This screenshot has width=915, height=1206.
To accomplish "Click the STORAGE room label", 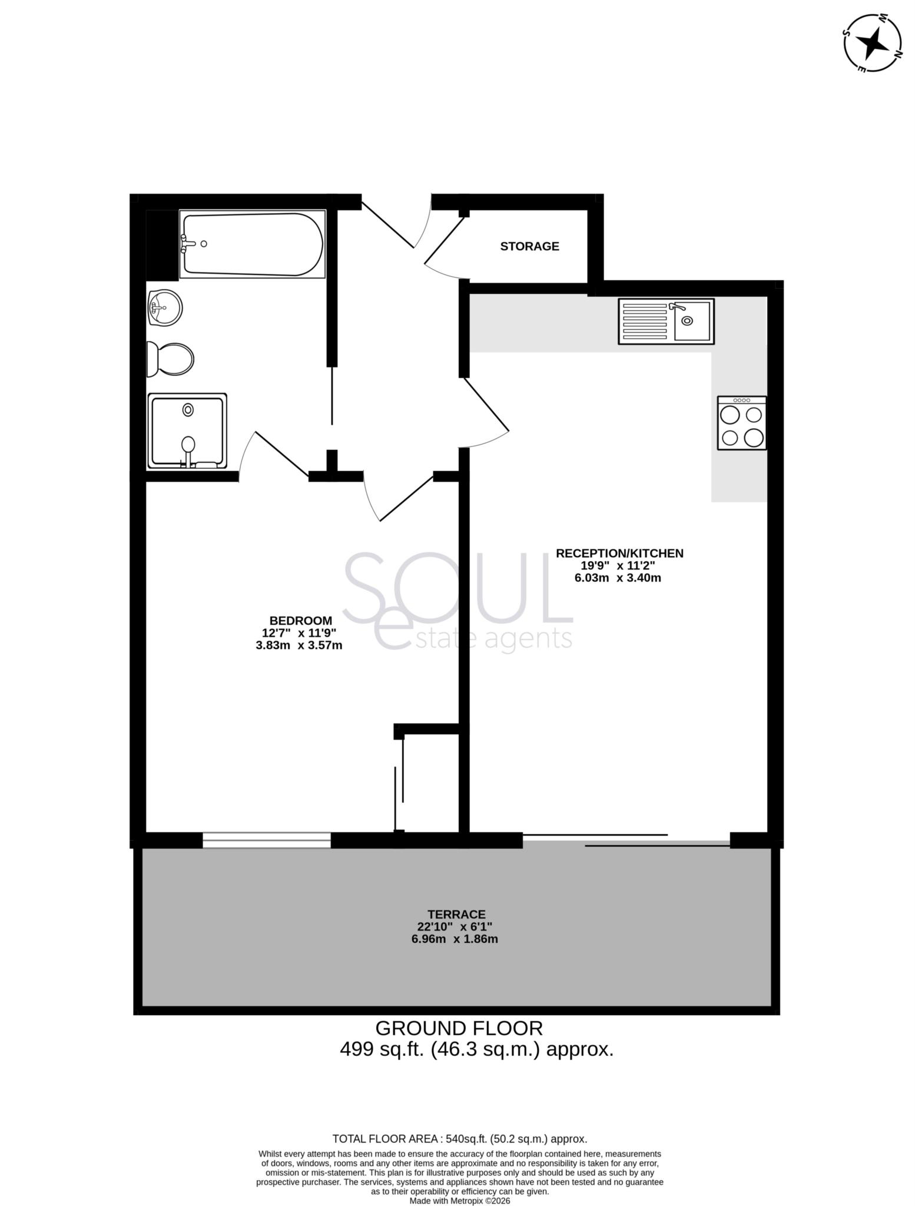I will point(529,246).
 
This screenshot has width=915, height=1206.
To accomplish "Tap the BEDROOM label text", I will point(301,621).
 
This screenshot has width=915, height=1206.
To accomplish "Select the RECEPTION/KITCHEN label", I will point(619,553).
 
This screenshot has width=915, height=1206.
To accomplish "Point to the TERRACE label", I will point(456,915).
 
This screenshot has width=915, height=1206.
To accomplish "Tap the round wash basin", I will point(164,307).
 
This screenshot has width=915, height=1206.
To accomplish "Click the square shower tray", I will point(187,431).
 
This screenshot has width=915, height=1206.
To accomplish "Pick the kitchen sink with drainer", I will point(665,321).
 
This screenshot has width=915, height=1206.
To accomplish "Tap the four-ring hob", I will point(742,423).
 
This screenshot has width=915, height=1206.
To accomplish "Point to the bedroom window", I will point(266,840).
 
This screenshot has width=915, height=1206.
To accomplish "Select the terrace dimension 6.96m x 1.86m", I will point(455,939).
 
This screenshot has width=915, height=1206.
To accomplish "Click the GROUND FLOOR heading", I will point(459,1028).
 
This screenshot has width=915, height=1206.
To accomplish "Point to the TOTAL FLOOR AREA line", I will point(459,1138).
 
